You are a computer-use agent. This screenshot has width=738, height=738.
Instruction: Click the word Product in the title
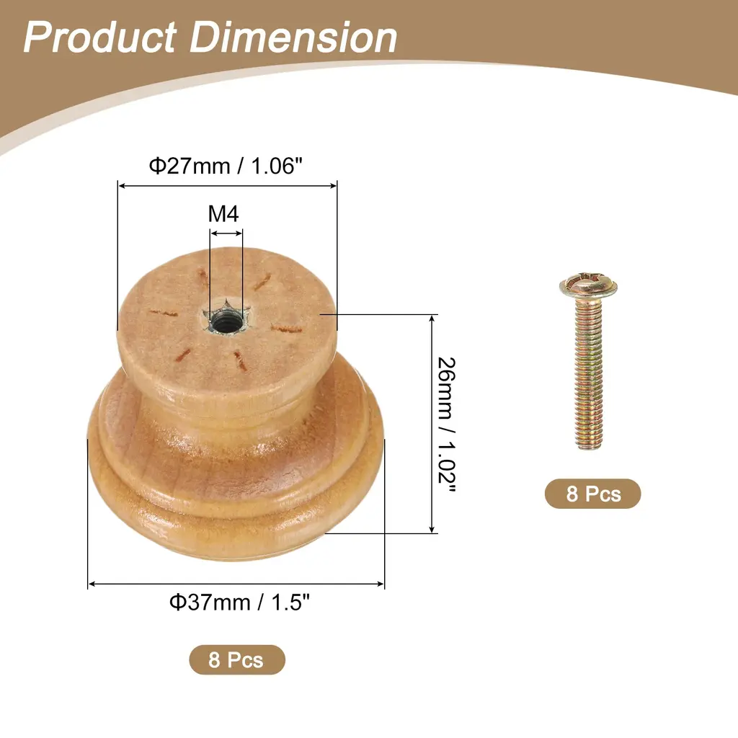[99, 37]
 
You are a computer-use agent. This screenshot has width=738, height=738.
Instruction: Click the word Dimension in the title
[293, 37]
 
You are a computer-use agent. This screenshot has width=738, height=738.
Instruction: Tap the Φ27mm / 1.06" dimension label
[226, 166]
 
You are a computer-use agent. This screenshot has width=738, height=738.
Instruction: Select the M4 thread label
[223, 213]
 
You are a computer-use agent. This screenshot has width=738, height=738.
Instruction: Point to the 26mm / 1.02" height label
[446, 425]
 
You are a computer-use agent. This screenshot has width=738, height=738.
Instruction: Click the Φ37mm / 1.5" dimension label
[239, 603]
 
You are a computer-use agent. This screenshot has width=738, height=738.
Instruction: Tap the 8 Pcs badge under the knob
[236, 659]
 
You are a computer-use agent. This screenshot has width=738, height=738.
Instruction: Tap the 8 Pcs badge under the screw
[593, 494]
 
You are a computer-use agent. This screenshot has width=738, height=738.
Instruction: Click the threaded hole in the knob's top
[226, 323]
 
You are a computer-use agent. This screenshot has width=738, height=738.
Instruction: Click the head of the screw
[588, 285]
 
